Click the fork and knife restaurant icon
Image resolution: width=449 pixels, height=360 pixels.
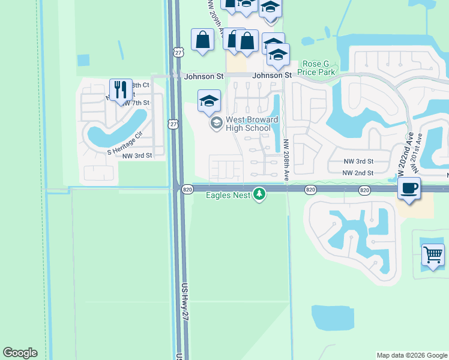coord(121,90)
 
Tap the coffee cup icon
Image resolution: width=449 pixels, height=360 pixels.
coord(409,188)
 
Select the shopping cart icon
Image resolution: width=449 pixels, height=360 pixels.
coord(433,255)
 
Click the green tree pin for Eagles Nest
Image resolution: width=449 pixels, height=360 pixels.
coord(259,194)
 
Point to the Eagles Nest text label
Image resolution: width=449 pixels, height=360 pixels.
coord(228,195)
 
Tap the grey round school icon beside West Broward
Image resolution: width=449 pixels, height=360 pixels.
coord(215,124)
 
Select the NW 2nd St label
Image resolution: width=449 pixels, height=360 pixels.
coord(358,173)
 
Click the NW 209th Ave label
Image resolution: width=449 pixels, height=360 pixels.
coord(215,17)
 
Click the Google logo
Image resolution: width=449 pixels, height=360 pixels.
coord(20,353)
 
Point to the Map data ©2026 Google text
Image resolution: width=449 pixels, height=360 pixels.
coord(411,355)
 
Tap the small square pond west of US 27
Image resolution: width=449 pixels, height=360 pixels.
coord(83,60)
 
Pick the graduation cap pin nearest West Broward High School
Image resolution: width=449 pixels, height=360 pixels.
coord(209,101)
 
